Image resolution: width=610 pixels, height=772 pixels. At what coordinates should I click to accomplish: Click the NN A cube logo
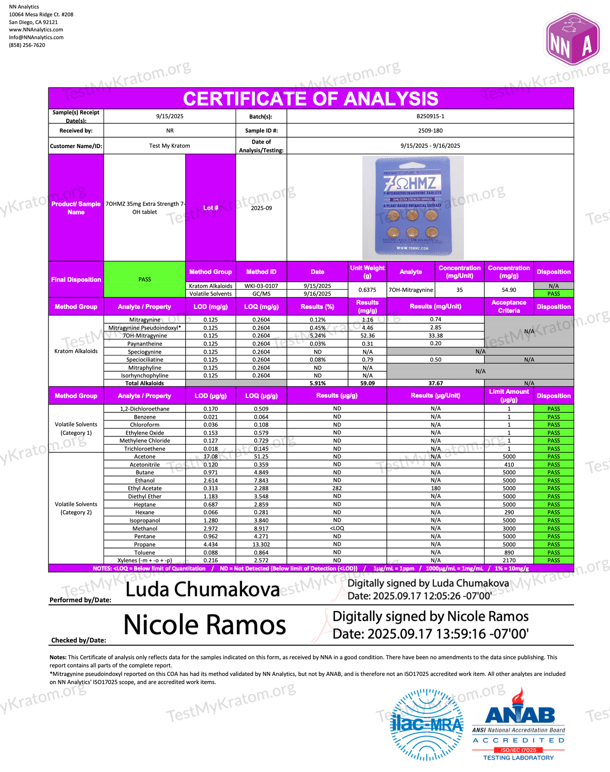tap(573, 39)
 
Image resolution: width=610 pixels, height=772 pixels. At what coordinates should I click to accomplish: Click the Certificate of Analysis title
tap(311, 99)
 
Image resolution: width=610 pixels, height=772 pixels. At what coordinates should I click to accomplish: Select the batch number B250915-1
tap(430, 116)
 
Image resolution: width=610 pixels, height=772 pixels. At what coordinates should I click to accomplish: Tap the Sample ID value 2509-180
tap(430, 130)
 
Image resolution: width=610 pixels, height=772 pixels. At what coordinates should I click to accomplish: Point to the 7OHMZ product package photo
tap(412, 208)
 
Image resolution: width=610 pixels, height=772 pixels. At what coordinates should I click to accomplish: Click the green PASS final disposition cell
tap(145, 279)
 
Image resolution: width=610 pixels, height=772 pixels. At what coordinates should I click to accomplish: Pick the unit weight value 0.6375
tap(367, 290)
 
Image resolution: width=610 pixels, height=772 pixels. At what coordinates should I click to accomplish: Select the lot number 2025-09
tap(261, 208)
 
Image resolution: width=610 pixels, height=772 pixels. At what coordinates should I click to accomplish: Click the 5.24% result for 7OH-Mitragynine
tap(317, 336)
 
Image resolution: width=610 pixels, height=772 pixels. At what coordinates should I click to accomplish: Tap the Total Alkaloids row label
tap(144, 383)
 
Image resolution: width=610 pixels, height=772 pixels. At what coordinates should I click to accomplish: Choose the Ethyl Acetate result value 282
tap(337, 488)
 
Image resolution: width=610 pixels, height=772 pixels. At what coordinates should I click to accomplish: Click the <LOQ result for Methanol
tap(337, 528)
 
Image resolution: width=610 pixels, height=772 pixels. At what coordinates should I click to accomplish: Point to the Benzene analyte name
tap(144, 417)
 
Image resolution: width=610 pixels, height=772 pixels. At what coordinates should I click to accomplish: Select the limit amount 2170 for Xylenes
tap(509, 561)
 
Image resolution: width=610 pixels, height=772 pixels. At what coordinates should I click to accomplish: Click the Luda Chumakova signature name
tap(203, 590)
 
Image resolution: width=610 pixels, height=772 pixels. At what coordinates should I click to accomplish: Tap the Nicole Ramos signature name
tap(205, 625)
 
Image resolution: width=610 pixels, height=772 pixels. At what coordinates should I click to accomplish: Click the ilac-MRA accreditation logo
tap(426, 724)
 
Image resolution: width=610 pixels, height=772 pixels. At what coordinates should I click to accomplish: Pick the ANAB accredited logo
tap(519, 724)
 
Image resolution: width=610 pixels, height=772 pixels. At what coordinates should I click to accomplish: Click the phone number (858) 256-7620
tap(27, 45)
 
